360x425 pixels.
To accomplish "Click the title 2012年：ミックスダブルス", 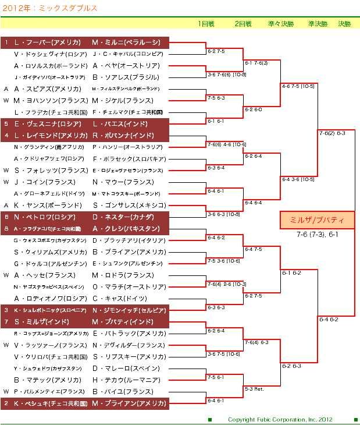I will [49, 8].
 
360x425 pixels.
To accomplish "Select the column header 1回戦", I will [206, 24].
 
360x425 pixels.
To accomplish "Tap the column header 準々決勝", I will [281, 24].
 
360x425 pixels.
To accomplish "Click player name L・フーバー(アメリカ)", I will [47, 42].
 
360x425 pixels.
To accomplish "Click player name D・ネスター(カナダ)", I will [121, 217].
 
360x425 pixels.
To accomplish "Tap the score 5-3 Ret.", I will [254, 388].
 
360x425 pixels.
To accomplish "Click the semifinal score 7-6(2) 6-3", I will [332, 133].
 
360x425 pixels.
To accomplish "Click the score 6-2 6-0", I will [253, 109].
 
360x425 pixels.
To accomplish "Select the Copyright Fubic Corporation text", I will [280, 419].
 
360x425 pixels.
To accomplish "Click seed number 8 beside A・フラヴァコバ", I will [6, 229].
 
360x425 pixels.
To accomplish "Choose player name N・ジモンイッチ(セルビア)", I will [129, 310].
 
